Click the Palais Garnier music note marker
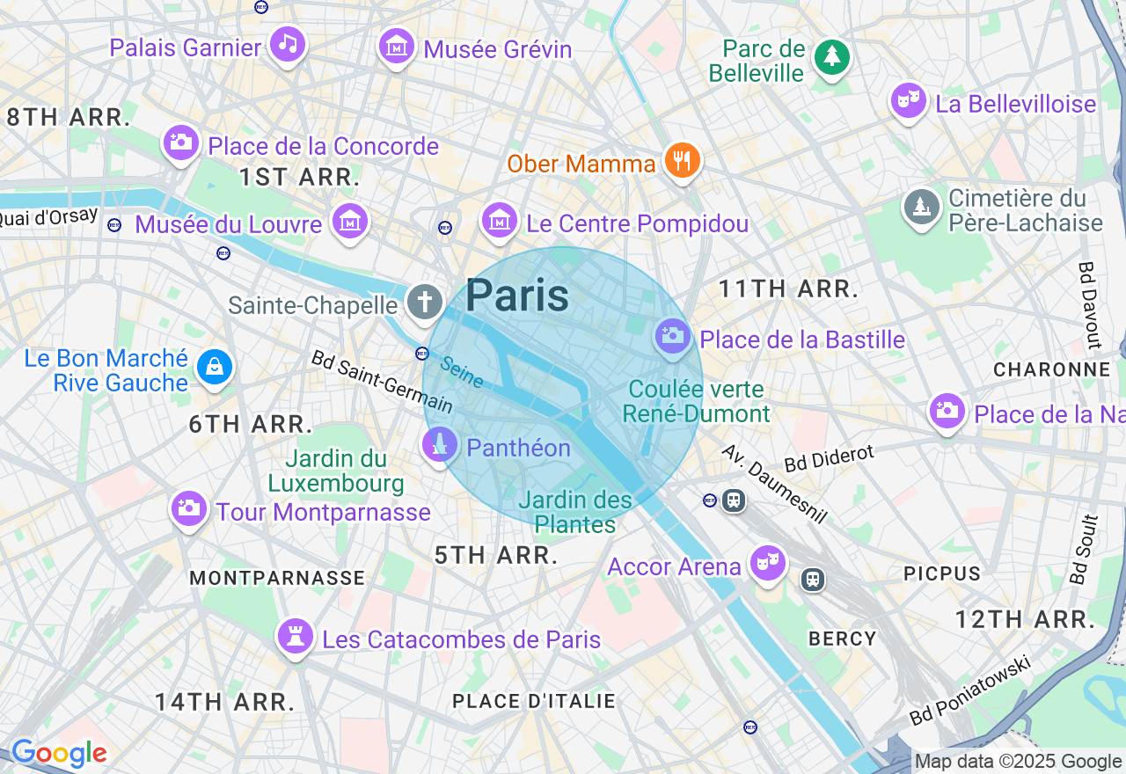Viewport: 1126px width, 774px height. [x=287, y=43]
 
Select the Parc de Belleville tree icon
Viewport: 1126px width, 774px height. [x=831, y=57]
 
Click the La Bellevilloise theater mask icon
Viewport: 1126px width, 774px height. [x=908, y=100]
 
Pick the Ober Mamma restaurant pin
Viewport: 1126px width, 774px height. [x=682, y=161]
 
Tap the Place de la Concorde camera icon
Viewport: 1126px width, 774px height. [x=181, y=142]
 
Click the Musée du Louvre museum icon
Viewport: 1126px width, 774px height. [x=350, y=221]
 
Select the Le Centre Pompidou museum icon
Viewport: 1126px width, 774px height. [x=500, y=220]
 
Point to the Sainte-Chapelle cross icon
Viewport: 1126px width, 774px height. [x=424, y=303]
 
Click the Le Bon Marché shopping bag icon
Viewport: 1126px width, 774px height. [x=214, y=367]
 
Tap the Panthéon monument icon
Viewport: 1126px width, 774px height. [x=440, y=445]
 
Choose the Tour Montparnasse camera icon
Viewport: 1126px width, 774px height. [x=188, y=508]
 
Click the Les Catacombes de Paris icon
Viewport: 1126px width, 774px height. [x=295, y=637]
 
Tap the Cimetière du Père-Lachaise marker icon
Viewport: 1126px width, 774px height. [x=921, y=208]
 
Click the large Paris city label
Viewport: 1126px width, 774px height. [x=517, y=296]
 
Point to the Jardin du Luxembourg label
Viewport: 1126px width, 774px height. [x=336, y=471]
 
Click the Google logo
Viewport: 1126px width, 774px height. [x=59, y=753]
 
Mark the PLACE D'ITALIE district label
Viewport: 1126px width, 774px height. [x=533, y=701]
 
